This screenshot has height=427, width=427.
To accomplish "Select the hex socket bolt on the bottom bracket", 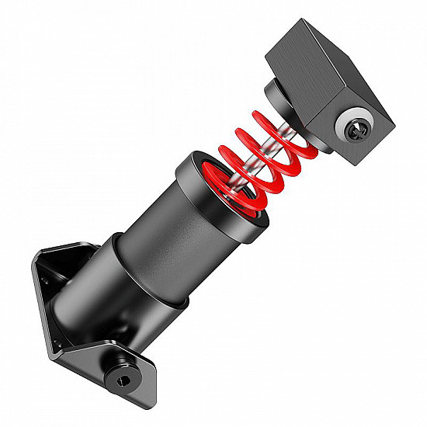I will point(121,378).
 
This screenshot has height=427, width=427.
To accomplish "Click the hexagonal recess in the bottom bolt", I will point(121,380).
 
